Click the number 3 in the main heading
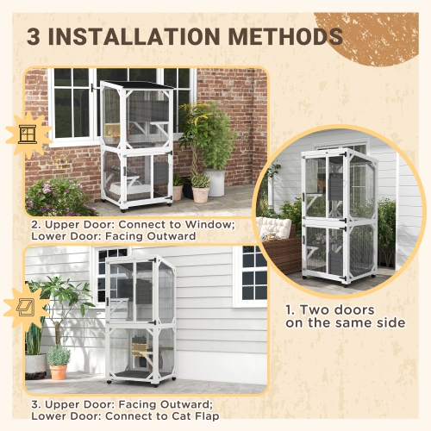(36, 37)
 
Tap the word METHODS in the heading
(282, 37)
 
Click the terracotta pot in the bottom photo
(58, 372)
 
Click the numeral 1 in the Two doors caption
(290, 308)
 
